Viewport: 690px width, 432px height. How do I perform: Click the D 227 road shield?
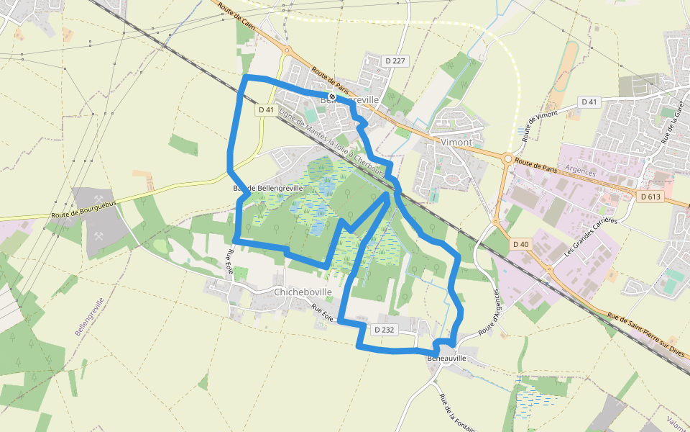tap(395, 61)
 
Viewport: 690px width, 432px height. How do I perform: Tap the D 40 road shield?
tap(521, 244)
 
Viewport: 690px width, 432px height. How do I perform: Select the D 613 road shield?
tap(650, 197)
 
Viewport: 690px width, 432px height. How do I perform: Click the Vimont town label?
tap(456, 142)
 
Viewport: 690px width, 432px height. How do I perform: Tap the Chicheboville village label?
tap(303, 292)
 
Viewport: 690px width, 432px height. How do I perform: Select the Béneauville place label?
tap(447, 358)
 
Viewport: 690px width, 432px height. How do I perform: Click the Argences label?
tap(581, 173)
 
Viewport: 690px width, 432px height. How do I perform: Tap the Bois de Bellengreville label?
tap(268, 187)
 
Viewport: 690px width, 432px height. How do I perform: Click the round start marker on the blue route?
tap(332, 96)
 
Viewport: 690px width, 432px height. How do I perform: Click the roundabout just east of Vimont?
tap(508, 158)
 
